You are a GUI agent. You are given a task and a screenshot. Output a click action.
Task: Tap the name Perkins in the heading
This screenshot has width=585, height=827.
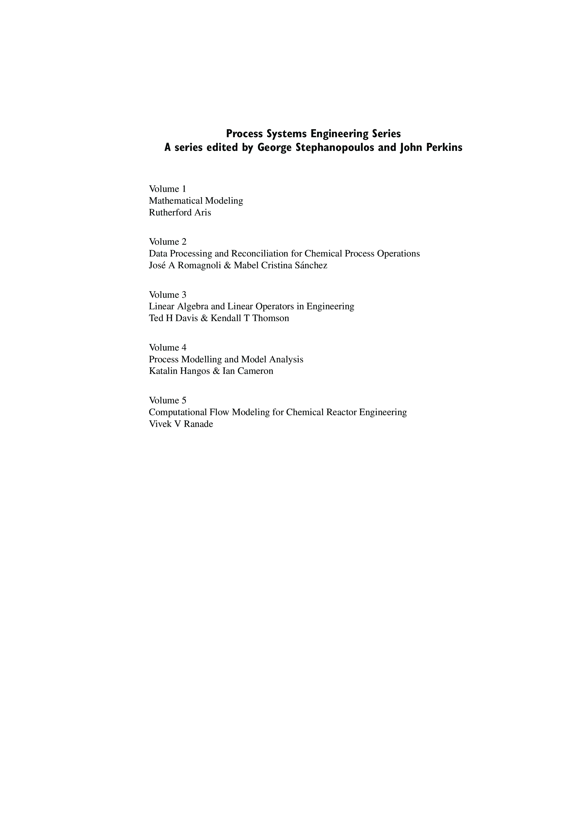pos(444,148)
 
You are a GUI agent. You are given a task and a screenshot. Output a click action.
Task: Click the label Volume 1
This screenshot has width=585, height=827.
pos(168,189)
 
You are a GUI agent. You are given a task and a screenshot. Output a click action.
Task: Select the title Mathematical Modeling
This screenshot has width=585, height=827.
pos(196,201)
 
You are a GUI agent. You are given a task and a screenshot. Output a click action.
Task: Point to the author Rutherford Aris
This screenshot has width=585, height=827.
pos(180,212)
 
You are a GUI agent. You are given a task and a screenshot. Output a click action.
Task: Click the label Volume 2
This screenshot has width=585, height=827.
pos(168,242)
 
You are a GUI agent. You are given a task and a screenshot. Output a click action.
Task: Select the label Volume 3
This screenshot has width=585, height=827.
pos(168,295)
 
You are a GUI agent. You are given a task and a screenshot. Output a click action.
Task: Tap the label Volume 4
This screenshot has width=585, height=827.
pos(168,347)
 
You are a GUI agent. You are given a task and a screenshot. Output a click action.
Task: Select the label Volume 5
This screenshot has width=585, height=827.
pos(168,401)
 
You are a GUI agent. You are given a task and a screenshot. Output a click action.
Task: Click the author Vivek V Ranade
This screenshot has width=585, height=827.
pos(181,424)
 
